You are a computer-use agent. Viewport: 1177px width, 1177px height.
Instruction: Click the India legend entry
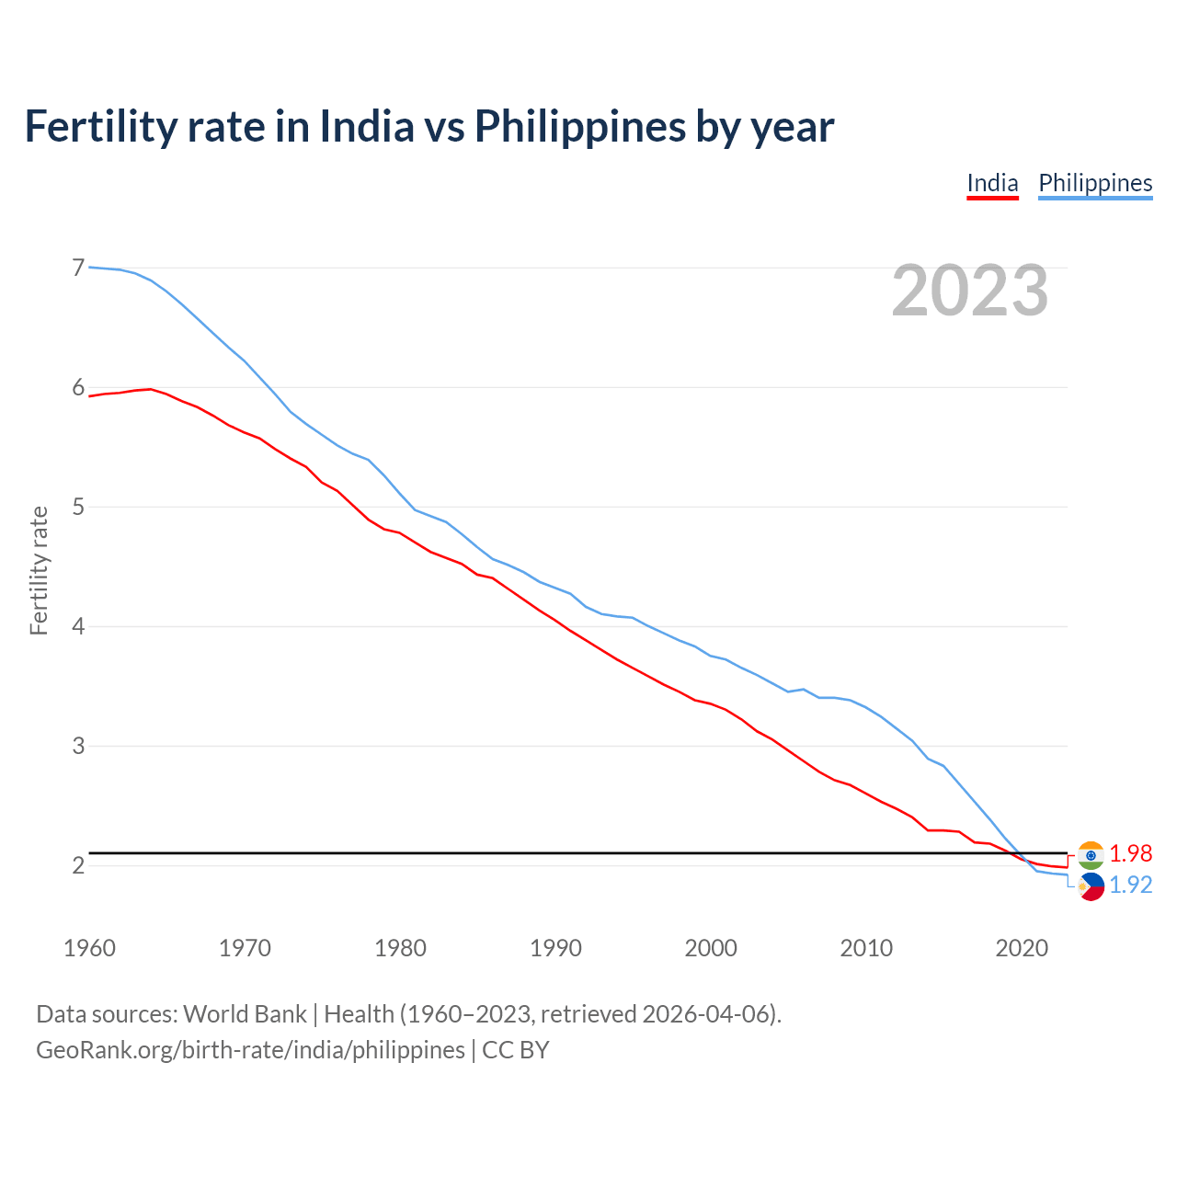pos(992,184)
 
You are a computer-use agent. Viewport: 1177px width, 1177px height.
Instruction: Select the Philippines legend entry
pos(1095,184)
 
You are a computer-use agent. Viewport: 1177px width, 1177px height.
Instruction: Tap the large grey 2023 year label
pos(970,291)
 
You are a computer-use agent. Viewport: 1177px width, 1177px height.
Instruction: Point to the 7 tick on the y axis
pos(78,268)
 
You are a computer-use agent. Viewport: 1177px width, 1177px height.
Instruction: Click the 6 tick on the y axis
pos(78,387)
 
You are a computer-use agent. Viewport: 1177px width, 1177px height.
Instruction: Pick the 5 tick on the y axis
pos(78,507)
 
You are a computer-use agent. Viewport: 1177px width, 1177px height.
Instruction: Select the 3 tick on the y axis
pos(78,746)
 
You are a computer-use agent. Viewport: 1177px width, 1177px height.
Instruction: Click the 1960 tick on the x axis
pos(89,948)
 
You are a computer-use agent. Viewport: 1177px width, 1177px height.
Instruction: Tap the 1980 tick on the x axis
pos(400,948)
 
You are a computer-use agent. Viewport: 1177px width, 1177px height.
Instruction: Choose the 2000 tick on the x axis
pos(711,948)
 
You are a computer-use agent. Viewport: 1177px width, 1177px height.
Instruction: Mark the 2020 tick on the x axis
pos(1022,948)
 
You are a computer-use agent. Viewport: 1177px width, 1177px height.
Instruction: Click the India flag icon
pos(1091,855)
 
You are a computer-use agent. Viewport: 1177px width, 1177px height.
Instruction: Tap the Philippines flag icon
pos(1091,886)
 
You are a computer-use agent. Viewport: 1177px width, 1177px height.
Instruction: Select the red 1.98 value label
pos(1130,854)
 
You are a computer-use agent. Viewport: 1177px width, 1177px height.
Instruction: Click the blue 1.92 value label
pos(1130,885)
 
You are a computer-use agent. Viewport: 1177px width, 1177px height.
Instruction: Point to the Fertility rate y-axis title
pos(39,570)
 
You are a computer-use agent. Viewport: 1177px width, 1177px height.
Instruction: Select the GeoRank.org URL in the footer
pos(250,1050)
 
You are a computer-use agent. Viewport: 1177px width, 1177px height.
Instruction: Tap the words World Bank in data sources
pos(245,1014)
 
